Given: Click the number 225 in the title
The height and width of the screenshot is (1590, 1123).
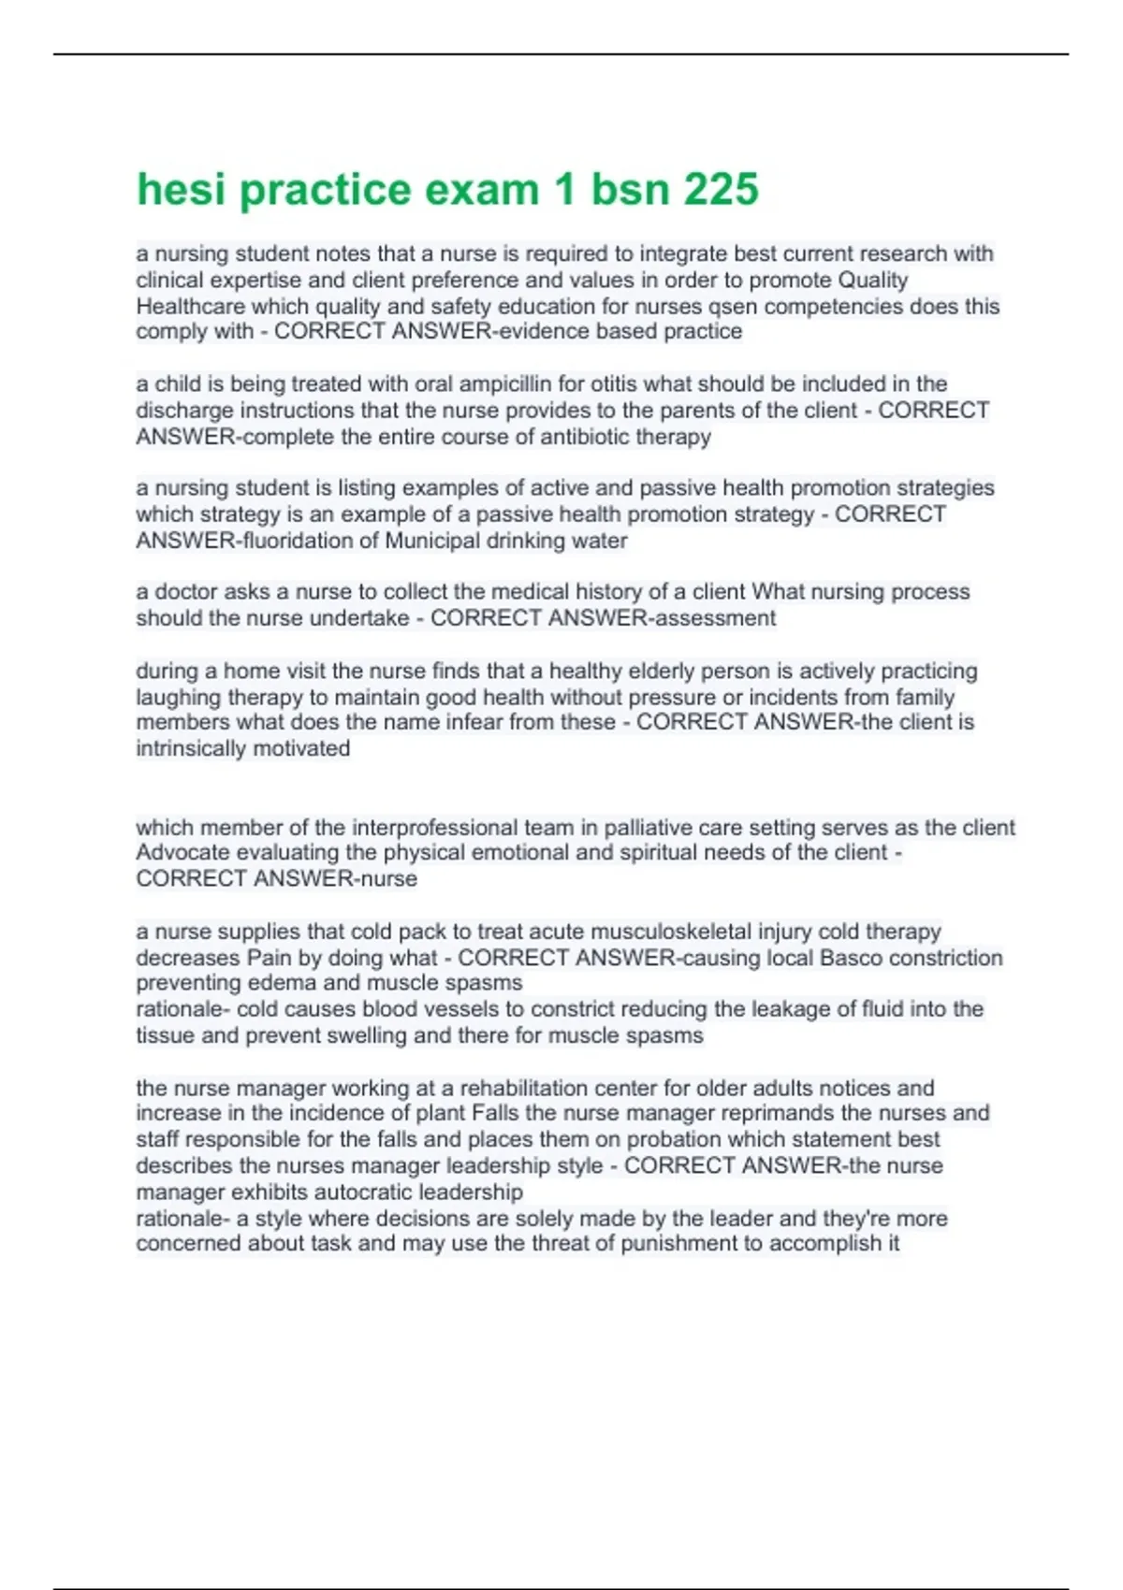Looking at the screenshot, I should click(x=722, y=190).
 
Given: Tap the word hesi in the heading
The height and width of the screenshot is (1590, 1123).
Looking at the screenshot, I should click(x=182, y=190).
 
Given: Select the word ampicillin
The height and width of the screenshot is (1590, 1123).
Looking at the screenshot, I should click(x=505, y=384).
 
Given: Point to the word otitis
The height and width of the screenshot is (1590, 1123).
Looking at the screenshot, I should click(x=619, y=384).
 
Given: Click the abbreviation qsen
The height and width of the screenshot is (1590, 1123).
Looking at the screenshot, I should click(x=734, y=307).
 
